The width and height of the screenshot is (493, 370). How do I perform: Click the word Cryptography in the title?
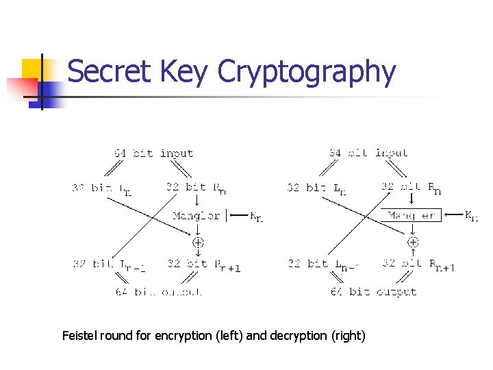[307, 73]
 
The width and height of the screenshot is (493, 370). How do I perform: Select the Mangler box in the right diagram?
[412, 215]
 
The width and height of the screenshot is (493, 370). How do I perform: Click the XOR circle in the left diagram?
[198, 242]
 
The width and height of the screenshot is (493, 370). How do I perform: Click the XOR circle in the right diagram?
[413, 242]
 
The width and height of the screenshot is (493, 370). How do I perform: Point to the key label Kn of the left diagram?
[255, 217]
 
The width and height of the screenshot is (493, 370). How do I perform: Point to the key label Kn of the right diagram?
[472, 217]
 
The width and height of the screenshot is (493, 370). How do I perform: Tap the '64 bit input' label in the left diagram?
[153, 153]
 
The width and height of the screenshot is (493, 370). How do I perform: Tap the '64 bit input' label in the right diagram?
[368, 153]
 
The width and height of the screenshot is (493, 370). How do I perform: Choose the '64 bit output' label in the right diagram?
[373, 291]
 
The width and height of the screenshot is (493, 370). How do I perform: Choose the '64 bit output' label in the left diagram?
[158, 291]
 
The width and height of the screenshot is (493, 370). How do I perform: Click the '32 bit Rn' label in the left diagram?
[196, 186]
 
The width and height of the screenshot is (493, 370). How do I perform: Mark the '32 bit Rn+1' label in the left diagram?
[203, 264]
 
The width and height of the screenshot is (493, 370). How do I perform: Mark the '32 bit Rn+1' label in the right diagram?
[418, 264]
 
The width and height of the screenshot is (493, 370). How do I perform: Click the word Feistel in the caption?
[79, 336]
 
